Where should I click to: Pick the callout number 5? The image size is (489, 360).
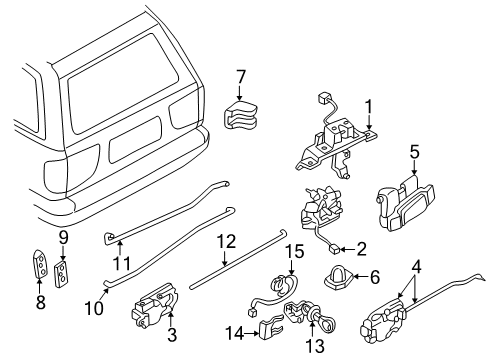tap(414, 154)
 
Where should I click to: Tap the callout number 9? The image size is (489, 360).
tap(62, 237)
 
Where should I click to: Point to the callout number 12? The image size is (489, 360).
tap(226, 240)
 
